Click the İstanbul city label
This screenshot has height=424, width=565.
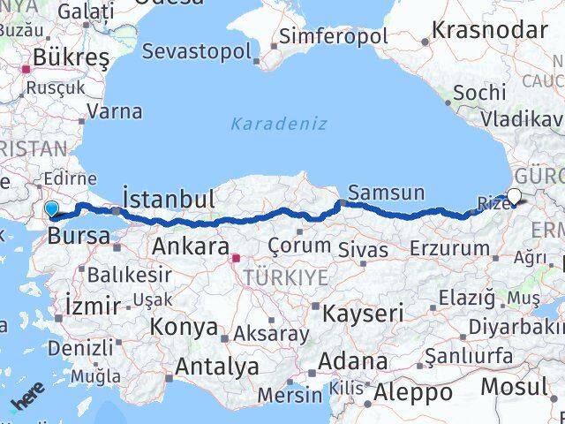point(169,199)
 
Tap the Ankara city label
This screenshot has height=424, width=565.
point(191,246)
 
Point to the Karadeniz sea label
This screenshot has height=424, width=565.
point(279,124)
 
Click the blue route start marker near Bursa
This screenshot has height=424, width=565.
point(52,209)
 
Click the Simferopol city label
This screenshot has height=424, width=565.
point(333,37)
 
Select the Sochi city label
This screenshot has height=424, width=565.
point(479,93)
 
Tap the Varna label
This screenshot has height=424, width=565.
point(116,112)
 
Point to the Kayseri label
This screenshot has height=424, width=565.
point(363,313)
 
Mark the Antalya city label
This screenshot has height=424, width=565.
point(217,366)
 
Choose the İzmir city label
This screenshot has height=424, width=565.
point(93,307)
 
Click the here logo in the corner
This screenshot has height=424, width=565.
point(26,405)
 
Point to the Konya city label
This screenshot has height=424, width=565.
point(184,328)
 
